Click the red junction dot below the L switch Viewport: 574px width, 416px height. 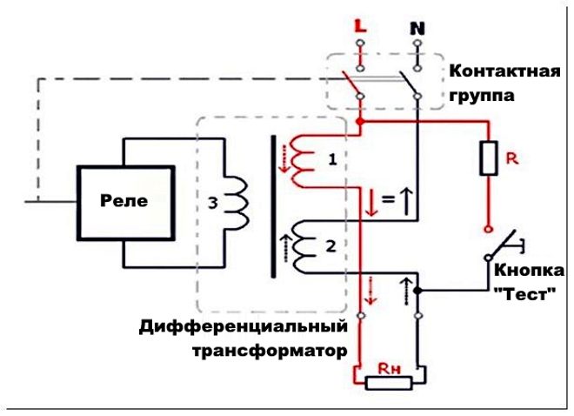pos(360,123)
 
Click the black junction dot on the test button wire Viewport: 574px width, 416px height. pos(417,289)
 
